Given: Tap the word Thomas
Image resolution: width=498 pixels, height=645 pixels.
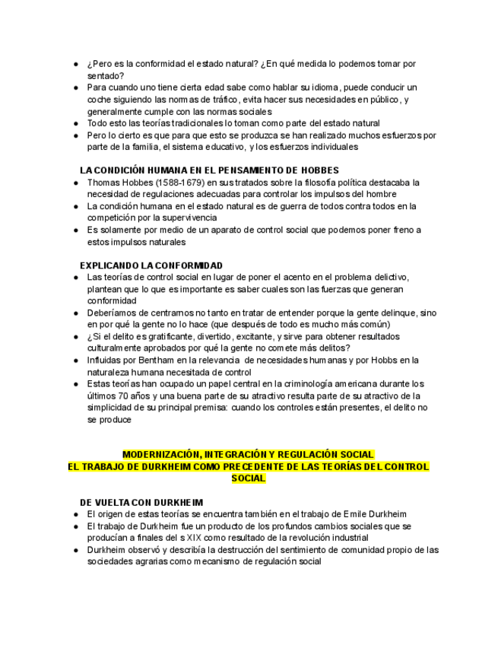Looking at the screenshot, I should coord(104,183).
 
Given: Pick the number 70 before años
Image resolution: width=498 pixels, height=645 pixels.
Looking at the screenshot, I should coord(123,396).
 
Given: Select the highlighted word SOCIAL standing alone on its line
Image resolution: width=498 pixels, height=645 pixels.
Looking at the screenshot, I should coord(249,478).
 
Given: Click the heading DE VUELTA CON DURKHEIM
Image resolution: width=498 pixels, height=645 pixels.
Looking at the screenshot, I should coord(141,503).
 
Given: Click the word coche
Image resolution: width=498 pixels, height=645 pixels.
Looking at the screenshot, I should coord(100,100).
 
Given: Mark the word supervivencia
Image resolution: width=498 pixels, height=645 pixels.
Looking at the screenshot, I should coord(183,218).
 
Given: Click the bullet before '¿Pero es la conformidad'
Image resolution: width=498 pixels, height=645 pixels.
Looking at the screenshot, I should coord(76,64).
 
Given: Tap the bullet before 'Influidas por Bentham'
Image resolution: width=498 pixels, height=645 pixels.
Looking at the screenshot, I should coord(76,361).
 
